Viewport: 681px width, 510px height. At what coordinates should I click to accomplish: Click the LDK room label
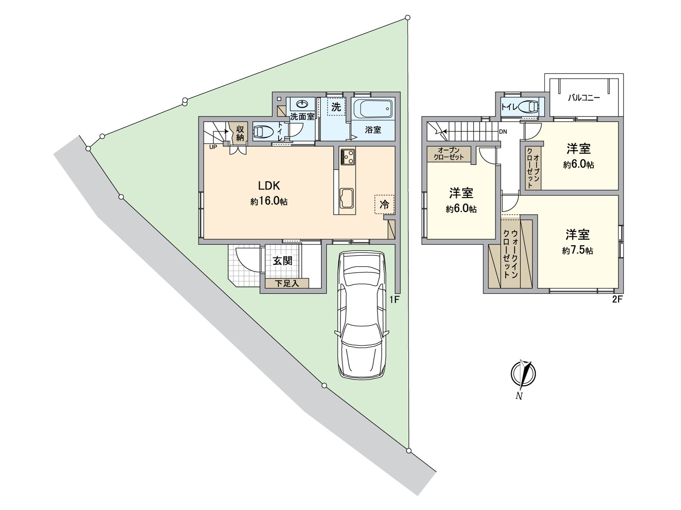(269, 186)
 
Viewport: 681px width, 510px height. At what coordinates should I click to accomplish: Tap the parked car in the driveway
(361, 314)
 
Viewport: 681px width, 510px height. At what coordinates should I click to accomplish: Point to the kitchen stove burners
(348, 157)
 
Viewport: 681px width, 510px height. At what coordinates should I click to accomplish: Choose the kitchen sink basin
(347, 198)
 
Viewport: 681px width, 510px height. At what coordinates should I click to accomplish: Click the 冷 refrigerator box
(384, 204)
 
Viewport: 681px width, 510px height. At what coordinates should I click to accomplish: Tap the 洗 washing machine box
(336, 107)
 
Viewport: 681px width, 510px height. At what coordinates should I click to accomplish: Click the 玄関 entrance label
(282, 261)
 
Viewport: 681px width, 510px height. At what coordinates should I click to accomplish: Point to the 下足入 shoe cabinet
(287, 283)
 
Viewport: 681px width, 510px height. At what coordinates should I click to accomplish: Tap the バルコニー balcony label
(584, 98)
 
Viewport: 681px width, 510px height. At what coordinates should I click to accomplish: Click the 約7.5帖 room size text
(578, 250)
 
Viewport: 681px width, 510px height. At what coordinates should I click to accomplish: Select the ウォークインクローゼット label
(510, 253)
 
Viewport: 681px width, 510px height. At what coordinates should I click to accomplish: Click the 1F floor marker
(394, 300)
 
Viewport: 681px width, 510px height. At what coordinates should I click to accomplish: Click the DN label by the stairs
(503, 132)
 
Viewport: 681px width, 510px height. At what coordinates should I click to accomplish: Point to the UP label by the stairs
(213, 147)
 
